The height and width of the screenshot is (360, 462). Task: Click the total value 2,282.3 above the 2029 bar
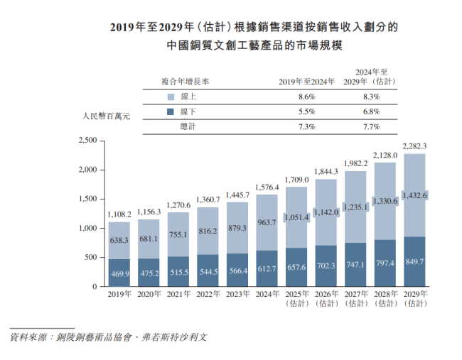click(x=414, y=147)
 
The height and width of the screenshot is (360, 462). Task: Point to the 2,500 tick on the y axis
click(x=85, y=141)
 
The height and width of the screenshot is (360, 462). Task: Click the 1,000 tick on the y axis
click(x=85, y=228)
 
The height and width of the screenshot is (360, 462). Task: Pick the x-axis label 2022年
click(x=208, y=293)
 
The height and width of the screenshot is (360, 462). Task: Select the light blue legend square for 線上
click(x=170, y=97)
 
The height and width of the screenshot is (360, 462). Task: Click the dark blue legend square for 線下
click(x=170, y=111)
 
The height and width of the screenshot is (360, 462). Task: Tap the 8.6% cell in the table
click(x=306, y=97)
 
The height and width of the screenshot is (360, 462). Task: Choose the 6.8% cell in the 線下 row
click(x=370, y=111)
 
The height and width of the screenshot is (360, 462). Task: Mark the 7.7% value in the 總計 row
click(x=370, y=126)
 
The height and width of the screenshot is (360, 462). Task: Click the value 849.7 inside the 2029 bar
click(x=414, y=261)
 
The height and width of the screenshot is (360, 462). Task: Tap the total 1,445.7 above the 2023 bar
click(x=237, y=195)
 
